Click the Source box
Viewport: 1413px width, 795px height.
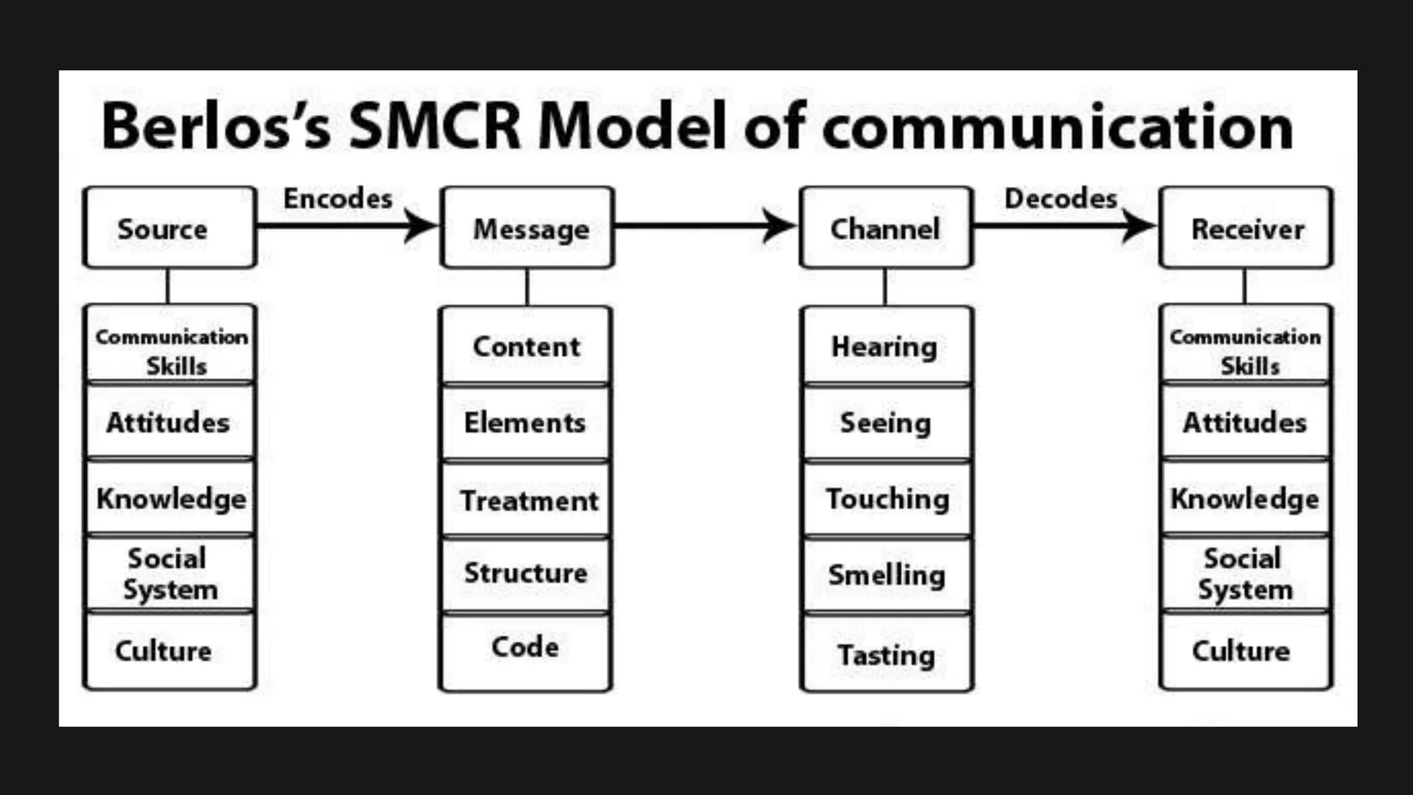click(x=169, y=228)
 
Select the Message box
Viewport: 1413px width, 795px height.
click(x=528, y=228)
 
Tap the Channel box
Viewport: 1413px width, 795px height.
click(x=886, y=228)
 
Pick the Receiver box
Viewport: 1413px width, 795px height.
click(x=1246, y=228)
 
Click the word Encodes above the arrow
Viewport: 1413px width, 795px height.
click(x=338, y=199)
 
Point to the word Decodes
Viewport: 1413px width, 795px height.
click(x=1060, y=199)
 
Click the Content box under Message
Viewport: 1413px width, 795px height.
click(x=526, y=346)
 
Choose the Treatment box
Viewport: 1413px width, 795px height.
click(x=527, y=500)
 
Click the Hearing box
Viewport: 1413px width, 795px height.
click(x=886, y=346)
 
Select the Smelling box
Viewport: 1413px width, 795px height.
click(x=886, y=574)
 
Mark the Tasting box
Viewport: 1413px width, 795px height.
click(x=886, y=654)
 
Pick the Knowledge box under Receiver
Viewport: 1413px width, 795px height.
click(x=1245, y=498)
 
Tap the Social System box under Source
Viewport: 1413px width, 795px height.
click(x=169, y=573)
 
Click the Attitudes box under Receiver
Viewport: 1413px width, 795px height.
click(x=1245, y=422)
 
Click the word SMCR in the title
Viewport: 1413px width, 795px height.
click(x=435, y=127)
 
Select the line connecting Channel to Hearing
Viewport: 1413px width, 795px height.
click(x=885, y=287)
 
